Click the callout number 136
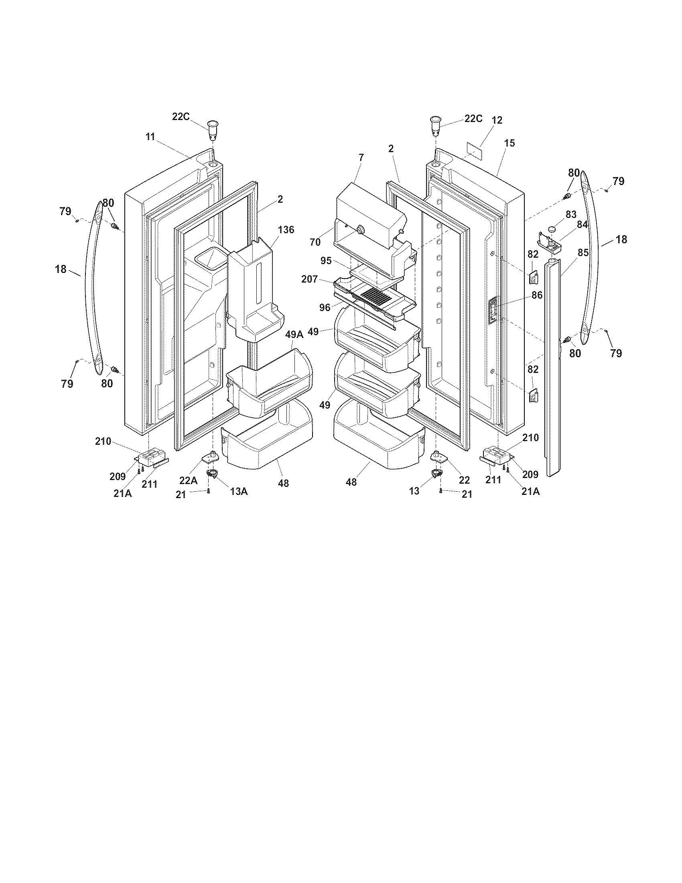[286, 230]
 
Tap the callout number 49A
[294, 334]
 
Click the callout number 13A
[239, 491]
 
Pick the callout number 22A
[189, 480]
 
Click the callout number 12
[497, 120]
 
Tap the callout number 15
[509, 143]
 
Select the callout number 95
[327, 261]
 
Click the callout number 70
[315, 242]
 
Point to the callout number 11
[150, 137]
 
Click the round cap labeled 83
[553, 230]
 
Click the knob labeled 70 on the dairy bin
[358, 230]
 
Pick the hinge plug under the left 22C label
[213, 128]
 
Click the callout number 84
[582, 225]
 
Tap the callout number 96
[325, 308]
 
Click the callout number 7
[361, 157]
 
